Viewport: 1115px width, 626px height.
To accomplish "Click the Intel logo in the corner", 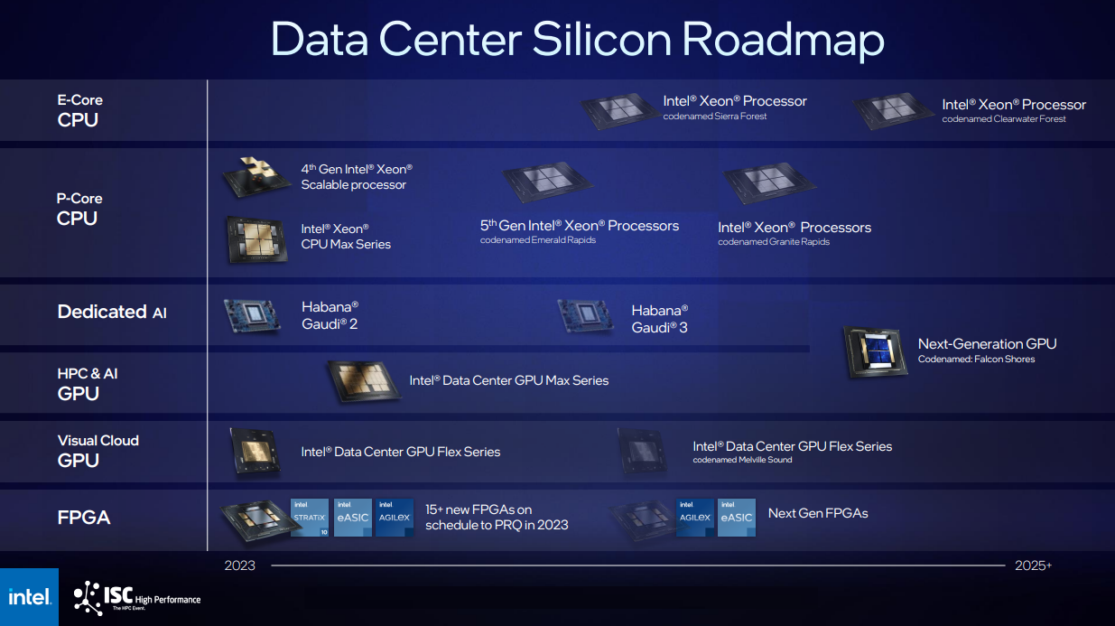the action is point(30,596).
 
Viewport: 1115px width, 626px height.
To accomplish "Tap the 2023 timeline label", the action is point(239,565).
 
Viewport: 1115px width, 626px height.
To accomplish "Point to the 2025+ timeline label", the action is point(1034,565).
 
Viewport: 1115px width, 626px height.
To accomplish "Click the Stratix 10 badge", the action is point(310,518).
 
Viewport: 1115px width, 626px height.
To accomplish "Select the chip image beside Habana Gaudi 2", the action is point(253,316).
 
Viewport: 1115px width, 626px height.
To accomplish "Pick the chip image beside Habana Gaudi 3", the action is point(585,316).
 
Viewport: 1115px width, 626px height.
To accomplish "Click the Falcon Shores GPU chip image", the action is point(876,352).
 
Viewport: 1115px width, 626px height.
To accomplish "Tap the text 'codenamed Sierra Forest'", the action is point(715,117).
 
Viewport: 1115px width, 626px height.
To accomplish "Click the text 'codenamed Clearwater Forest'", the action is point(1004,119).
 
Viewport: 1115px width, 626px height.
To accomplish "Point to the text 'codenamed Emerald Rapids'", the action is point(537,240).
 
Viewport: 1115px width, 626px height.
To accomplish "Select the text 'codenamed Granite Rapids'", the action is point(774,242).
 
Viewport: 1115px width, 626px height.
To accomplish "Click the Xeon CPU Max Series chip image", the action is point(257,239).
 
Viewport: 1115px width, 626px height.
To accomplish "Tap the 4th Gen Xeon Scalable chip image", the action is point(256,177).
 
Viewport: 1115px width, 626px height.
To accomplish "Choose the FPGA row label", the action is point(84,518).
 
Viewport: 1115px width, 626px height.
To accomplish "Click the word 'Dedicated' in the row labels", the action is point(102,312).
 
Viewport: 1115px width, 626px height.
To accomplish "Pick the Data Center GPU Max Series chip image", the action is point(364,381).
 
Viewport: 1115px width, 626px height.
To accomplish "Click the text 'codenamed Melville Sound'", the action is point(742,460).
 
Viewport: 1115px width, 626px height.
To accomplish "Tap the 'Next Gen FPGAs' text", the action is point(818,513).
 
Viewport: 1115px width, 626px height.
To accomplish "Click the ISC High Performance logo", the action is point(137,598).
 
